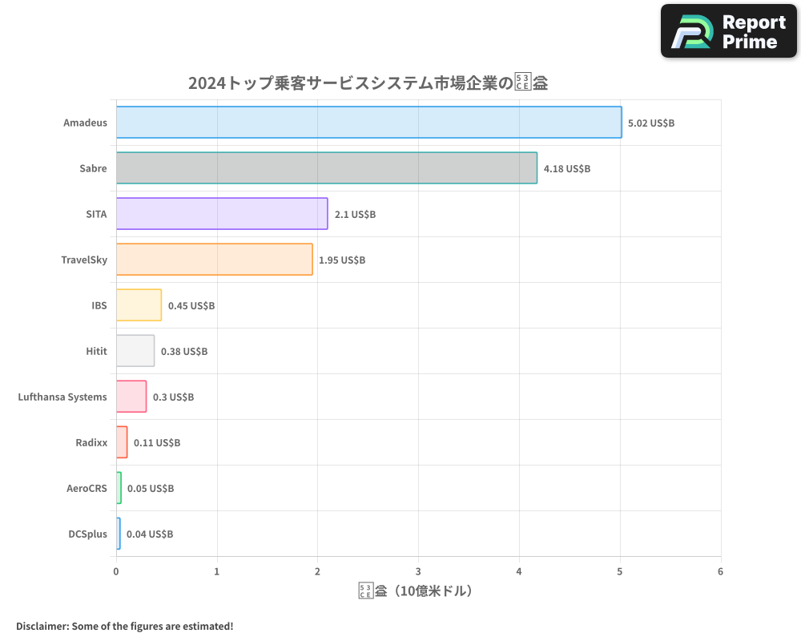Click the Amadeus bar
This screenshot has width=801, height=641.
tap(368, 123)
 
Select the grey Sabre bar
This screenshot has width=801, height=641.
tap(326, 168)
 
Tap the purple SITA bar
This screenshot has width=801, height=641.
tap(222, 214)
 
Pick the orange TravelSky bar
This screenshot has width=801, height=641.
tap(214, 260)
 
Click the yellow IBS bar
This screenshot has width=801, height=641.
tap(139, 305)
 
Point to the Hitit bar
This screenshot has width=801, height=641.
tap(135, 351)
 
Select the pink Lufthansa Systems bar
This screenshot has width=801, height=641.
tap(131, 397)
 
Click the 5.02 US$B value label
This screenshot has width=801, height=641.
tap(651, 123)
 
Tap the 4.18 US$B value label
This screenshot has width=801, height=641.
tap(567, 169)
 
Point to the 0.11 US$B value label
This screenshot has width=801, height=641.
tap(157, 443)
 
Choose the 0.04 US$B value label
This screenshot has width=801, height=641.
tap(150, 534)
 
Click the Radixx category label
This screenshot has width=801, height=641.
tap(91, 443)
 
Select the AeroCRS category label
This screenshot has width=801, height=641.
tap(87, 489)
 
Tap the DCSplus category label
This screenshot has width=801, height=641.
tap(87, 534)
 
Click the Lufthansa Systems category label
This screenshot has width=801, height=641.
tap(62, 397)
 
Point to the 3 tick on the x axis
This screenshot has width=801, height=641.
tap(418, 572)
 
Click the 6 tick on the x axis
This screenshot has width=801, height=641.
tap(720, 572)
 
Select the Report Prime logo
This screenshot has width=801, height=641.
tap(728, 31)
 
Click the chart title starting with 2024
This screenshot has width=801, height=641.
tap(368, 83)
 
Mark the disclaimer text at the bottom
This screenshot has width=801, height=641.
tap(125, 626)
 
